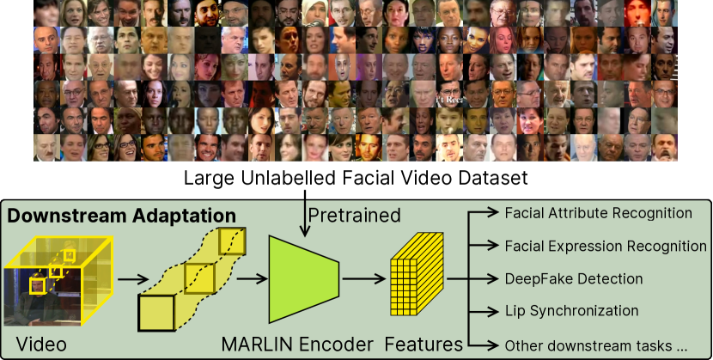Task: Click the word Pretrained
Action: click(354, 214)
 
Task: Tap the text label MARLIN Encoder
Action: click(297, 345)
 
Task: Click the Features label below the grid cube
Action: click(424, 345)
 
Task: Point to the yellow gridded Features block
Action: click(417, 277)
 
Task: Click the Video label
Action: click(41, 345)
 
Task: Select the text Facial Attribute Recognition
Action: click(598, 213)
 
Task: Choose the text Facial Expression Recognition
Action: click(606, 246)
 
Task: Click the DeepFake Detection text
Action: click(574, 278)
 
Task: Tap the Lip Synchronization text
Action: click(571, 311)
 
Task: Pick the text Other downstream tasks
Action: click(596, 345)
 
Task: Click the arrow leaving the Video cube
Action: click(131, 278)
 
